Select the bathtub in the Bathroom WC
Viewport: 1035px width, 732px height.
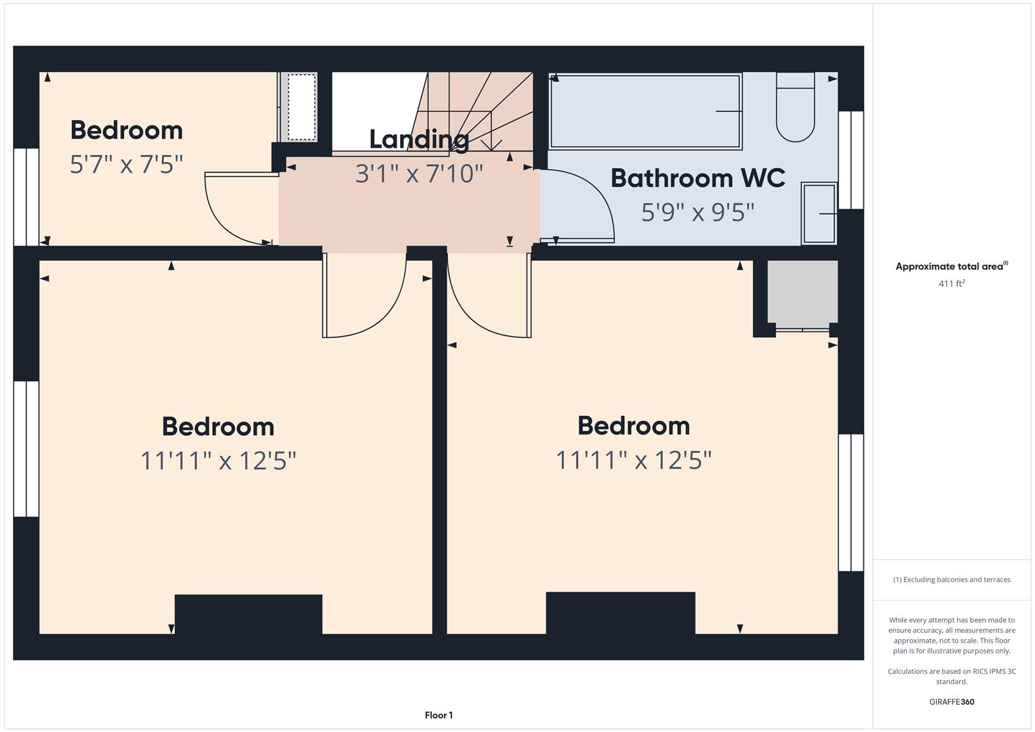point(645,111)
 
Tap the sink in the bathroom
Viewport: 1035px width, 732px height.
point(819,213)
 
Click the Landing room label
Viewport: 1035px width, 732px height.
point(419,139)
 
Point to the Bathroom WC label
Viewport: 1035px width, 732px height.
point(697,178)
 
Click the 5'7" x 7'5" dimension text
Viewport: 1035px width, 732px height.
point(127,164)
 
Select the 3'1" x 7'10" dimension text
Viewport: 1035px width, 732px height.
point(419,174)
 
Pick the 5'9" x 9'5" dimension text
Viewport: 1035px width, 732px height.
point(697,212)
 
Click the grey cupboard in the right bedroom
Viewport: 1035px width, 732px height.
point(803,291)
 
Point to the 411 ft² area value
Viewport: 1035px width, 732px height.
point(952,283)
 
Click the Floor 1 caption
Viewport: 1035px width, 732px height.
point(439,715)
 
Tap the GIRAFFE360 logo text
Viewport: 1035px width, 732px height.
point(952,702)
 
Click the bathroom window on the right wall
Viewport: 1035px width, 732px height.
point(851,160)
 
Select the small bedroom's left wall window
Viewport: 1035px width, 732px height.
point(26,197)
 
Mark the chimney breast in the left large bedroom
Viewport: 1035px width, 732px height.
point(248,614)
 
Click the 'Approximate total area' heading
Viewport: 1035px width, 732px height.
point(950,266)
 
